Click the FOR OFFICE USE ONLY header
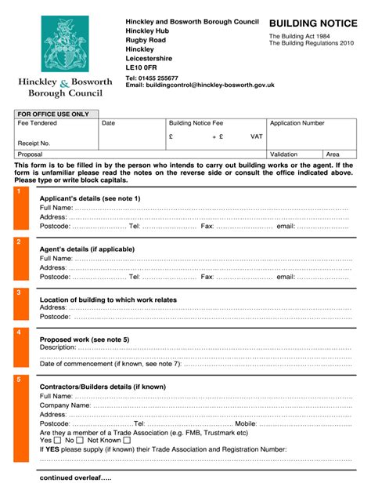pyautogui.click(x=53, y=114)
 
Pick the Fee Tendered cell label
pyautogui.click(x=38, y=124)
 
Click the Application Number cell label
pyautogui.click(x=297, y=124)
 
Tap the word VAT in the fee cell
pyautogui.click(x=256, y=136)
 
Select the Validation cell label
pyautogui.click(x=283, y=154)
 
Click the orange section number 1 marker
pyautogui.click(x=19, y=191)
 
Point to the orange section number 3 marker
pyautogui.click(x=19, y=292)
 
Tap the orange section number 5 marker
pyautogui.click(x=19, y=379)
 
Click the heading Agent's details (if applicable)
pyautogui.click(x=87, y=249)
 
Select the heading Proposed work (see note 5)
pyautogui.click(x=85, y=339)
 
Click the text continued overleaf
pyautogui.click(x=75, y=478)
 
